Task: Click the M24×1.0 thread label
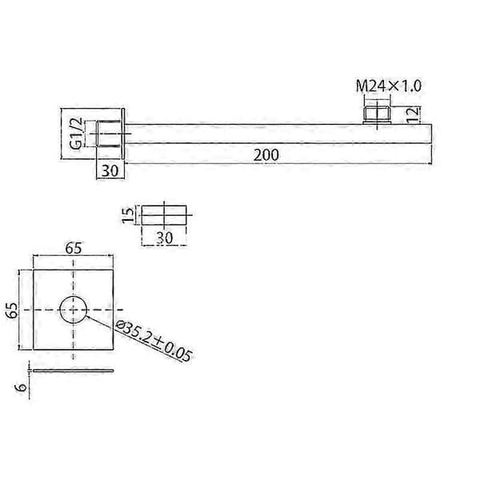[389, 86]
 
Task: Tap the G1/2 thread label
[76, 133]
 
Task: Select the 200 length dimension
[266, 155]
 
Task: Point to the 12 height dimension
[414, 114]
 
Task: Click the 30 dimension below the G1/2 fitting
[110, 171]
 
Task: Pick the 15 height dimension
[129, 214]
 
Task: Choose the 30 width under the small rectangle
[164, 238]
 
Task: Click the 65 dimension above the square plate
[74, 248]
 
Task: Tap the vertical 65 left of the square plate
[12, 310]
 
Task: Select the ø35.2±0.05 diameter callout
[154, 341]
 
